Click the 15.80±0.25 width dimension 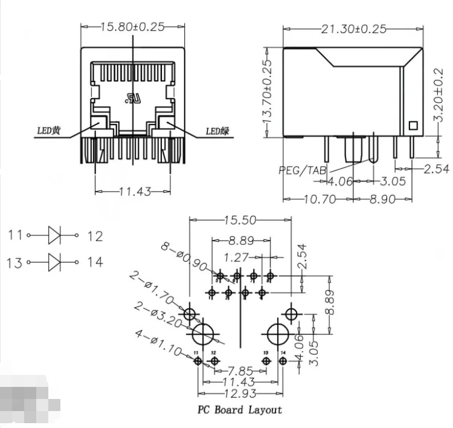tap(132, 27)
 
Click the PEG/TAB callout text tap(301, 170)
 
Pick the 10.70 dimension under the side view tap(318, 198)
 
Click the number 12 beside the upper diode tap(95, 236)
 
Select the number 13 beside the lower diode tap(15, 262)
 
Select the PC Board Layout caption tap(240, 410)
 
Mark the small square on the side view tap(414, 126)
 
